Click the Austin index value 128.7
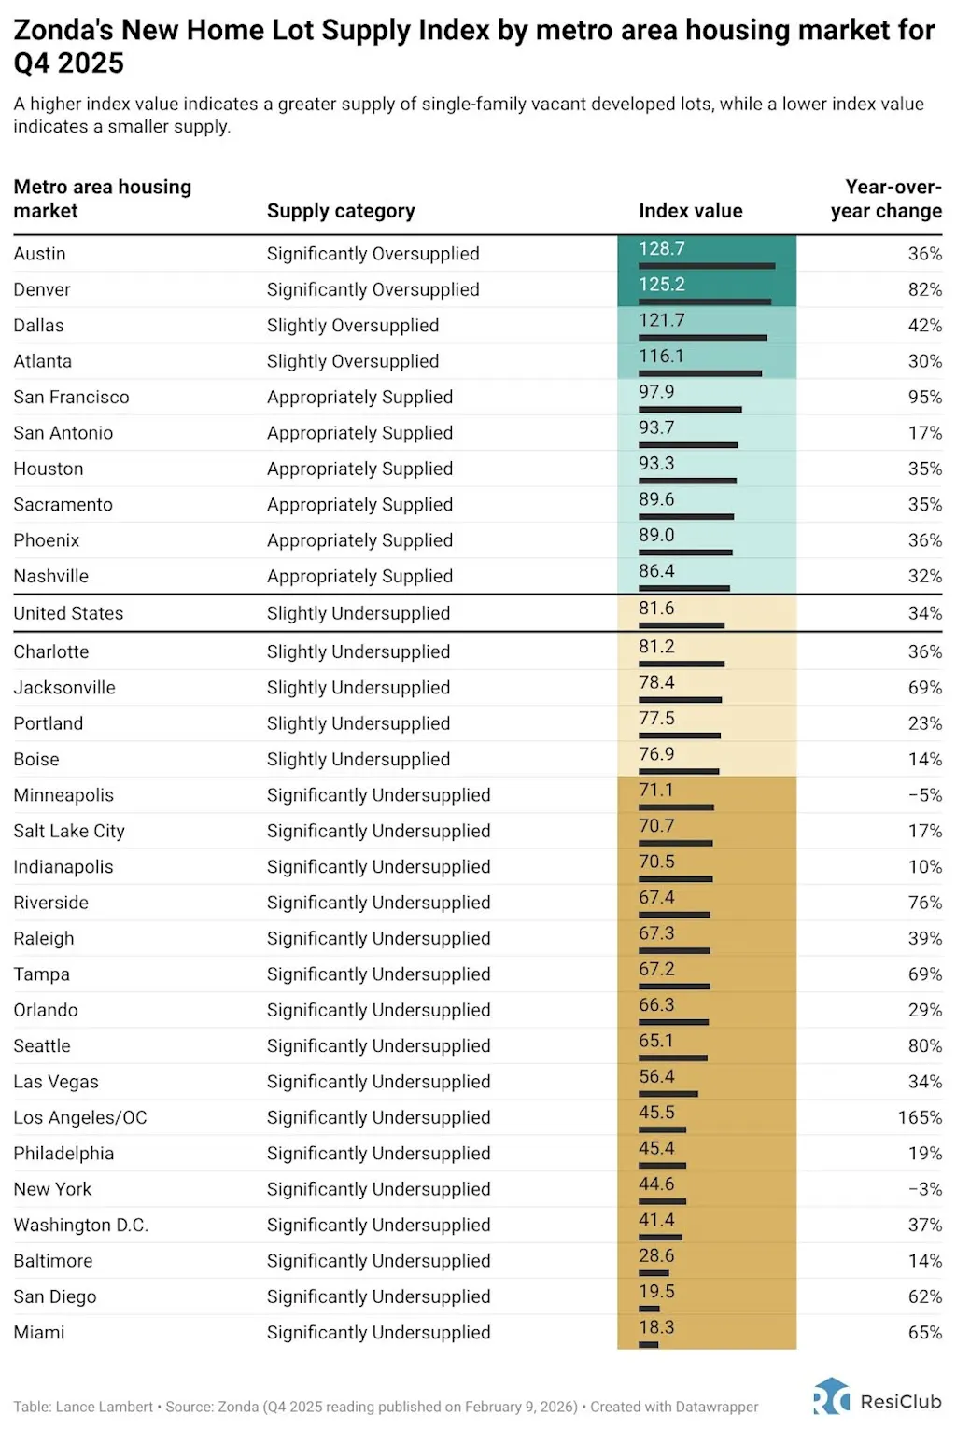662,248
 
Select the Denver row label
42,289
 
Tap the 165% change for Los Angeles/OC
920,1117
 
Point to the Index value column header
690,211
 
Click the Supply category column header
341,211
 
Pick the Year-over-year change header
887,199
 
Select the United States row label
68,613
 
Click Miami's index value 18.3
656,1326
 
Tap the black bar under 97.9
690,409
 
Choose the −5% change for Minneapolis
925,795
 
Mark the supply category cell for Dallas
353,326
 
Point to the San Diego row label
55,1296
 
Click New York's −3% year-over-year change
925,1189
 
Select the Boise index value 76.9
656,753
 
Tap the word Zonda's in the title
63,31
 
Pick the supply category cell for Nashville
359,577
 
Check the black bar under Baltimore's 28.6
654,1272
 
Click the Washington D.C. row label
81,1225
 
